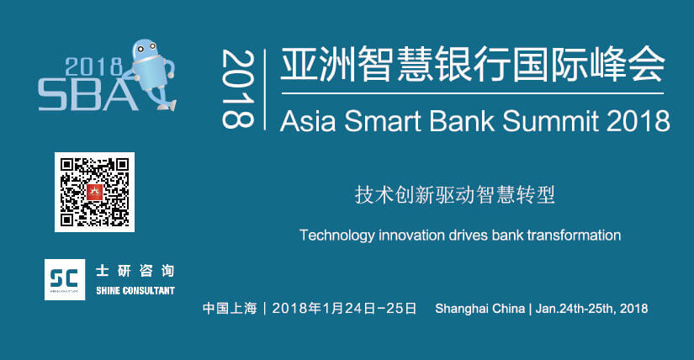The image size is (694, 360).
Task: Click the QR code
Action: [94, 192]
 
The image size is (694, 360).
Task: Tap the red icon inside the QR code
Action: [94, 192]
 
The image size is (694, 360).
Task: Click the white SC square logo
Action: [65, 279]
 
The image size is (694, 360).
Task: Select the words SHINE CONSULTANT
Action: [135, 290]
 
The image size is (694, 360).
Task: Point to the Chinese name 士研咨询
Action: [135, 271]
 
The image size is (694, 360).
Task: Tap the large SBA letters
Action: [87, 95]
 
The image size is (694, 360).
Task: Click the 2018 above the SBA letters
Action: [93, 66]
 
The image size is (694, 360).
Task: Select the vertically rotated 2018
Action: [238, 89]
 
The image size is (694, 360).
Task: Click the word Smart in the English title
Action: [383, 120]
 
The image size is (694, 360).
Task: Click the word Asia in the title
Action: [308, 120]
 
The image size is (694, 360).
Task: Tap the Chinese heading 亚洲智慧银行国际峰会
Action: [472, 64]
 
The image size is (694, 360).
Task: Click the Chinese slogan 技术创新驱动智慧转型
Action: [454, 195]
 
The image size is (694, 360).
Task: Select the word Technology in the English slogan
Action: [336, 236]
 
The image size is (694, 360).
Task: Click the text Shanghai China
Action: [479, 308]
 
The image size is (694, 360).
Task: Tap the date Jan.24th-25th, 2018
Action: [591, 308]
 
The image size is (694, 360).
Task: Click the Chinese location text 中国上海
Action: [230, 308]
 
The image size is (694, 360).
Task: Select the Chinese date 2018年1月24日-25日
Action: [344, 308]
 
